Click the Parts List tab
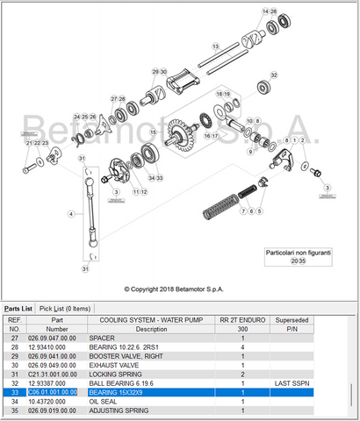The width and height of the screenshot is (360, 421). click(x=18, y=308)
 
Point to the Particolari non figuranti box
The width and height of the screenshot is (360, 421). click(x=298, y=256)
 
